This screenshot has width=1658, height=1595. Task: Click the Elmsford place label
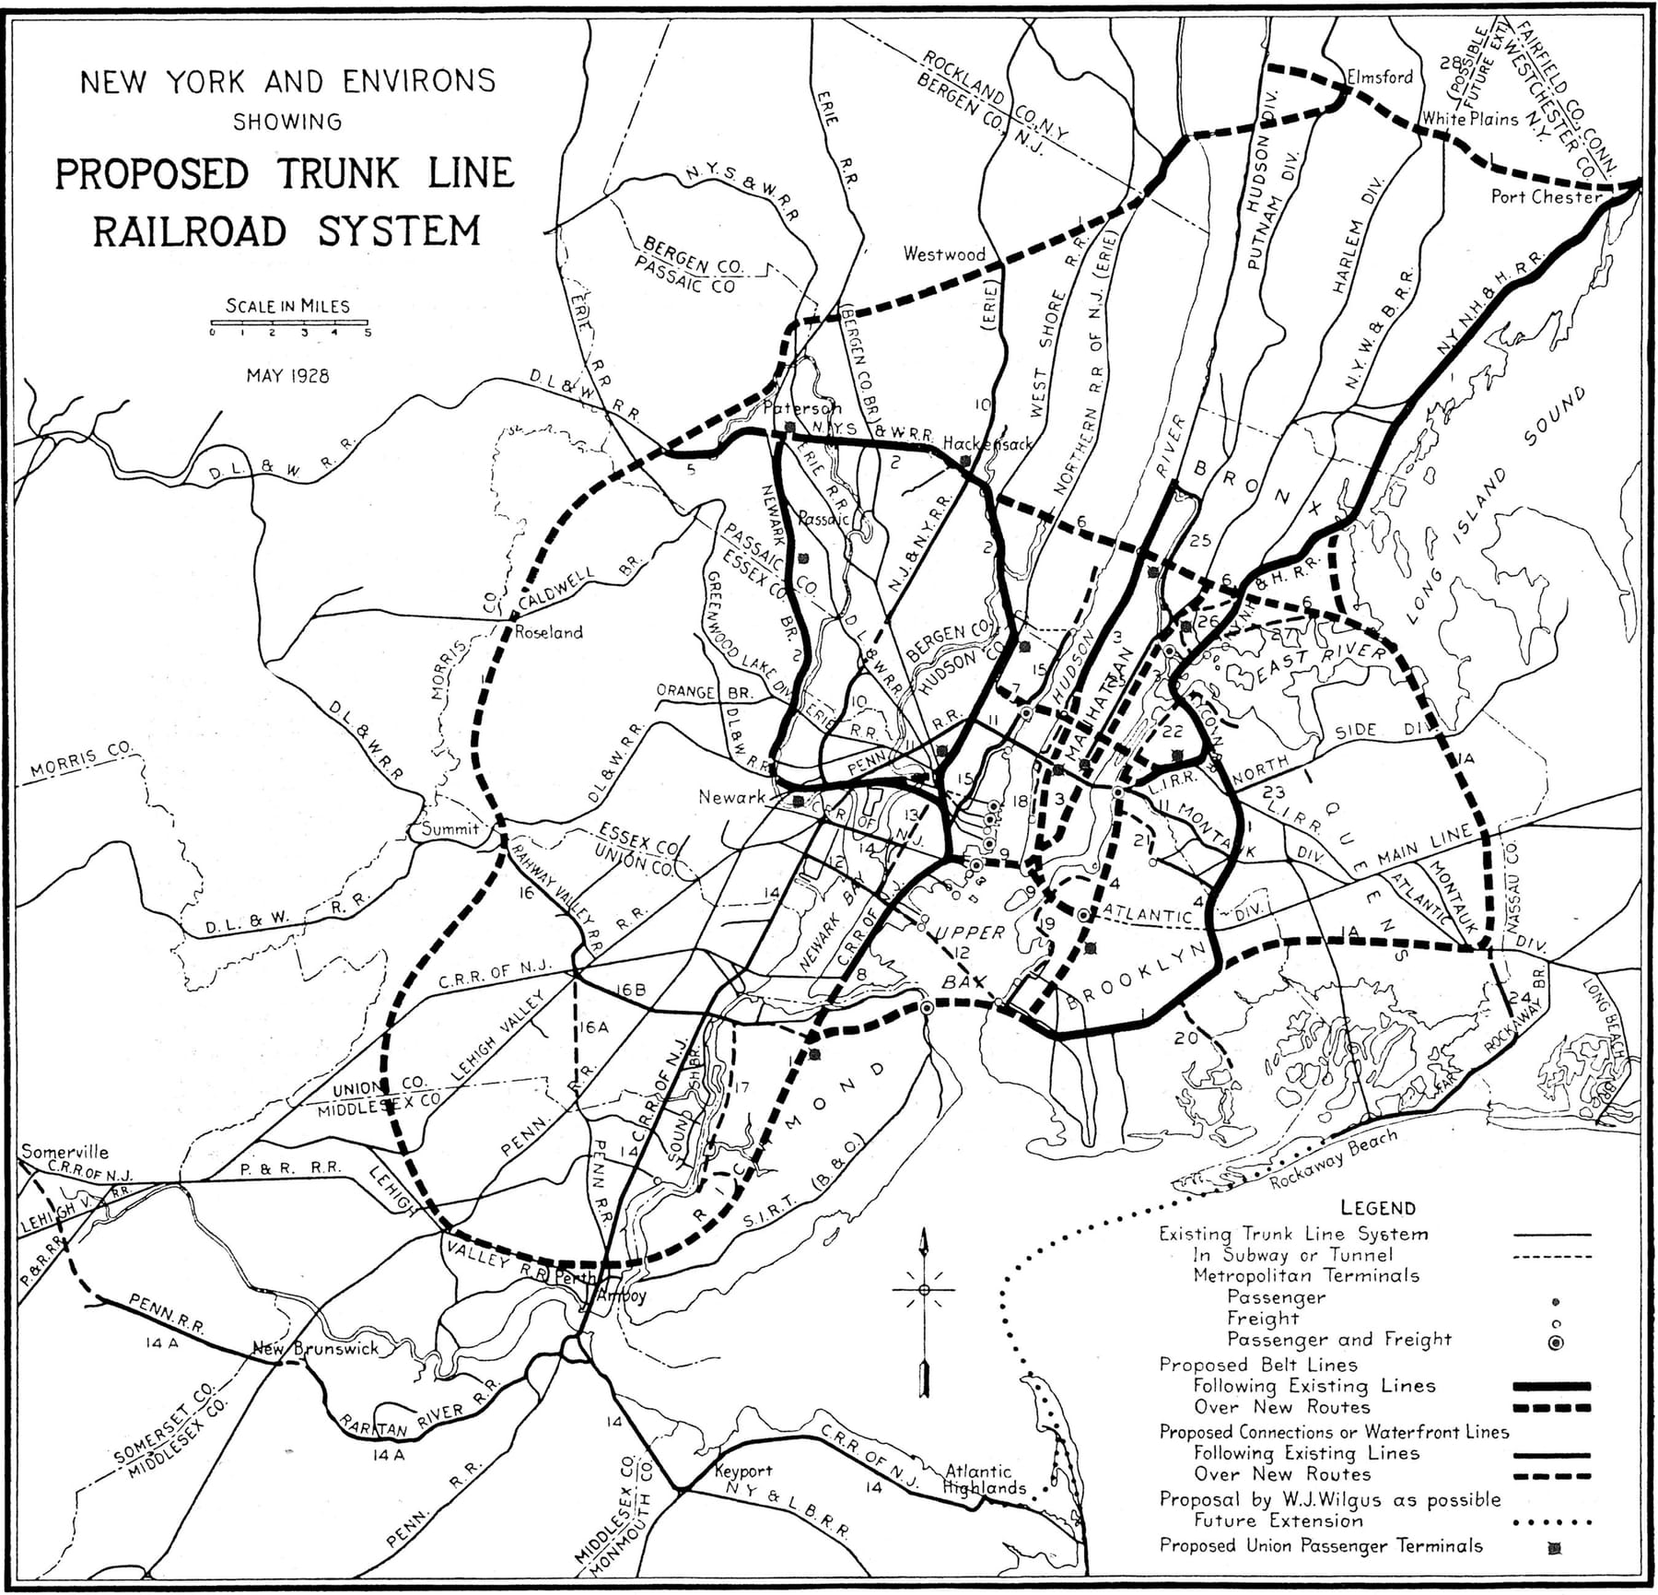1379,77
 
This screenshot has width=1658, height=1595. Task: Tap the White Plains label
1469,119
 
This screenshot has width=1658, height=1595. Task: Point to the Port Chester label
1546,196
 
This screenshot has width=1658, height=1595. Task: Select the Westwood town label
944,253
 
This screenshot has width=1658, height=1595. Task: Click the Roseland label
549,632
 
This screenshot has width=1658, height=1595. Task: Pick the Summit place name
450,828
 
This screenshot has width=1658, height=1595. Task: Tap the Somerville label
64,1152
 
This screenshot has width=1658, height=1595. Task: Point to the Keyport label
743,1472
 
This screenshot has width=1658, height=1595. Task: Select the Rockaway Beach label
1333,1159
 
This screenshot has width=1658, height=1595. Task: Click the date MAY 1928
287,376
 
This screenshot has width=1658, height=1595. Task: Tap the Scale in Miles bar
288,323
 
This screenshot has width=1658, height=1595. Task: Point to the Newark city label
732,797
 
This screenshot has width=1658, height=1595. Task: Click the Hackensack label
987,444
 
